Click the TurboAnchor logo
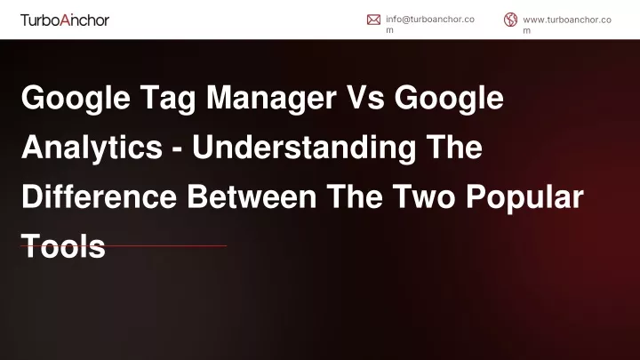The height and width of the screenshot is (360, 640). tap(65, 20)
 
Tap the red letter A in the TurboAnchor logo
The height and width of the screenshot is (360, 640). tap(65, 20)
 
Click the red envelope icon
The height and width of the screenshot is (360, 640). tap(373, 20)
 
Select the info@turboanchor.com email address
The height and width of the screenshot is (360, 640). tap(430, 25)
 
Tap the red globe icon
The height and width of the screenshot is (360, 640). tap(510, 20)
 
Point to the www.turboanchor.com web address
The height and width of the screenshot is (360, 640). tap(567, 25)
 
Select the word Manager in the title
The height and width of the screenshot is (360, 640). tap(271, 99)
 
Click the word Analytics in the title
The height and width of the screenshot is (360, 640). tap(92, 148)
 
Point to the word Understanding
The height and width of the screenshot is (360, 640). tap(304, 148)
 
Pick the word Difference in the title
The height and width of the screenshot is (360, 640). tap(100, 196)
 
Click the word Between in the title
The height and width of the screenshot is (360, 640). tap(252, 196)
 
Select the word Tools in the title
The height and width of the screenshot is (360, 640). tap(63, 246)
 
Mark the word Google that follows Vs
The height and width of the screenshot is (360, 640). tap(449, 99)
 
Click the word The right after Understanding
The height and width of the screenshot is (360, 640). tap(454, 147)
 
